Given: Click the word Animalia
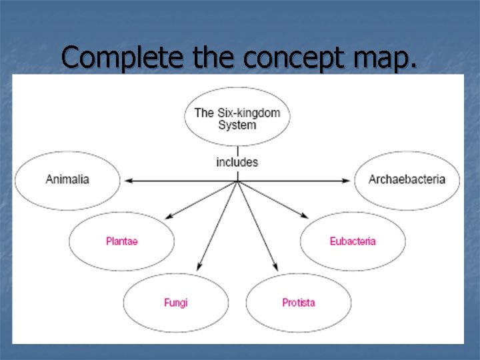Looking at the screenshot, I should tap(67, 179).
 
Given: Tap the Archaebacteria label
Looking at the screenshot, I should tap(407, 179).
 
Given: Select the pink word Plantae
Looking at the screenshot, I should tap(122, 241).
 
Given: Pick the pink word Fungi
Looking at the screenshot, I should tap(176, 303).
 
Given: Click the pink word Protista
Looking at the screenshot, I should tap(299, 303).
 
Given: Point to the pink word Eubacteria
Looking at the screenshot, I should tap(353, 241).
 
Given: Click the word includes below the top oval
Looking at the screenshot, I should tap(237, 162).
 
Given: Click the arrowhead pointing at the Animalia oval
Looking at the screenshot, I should tap(126, 180).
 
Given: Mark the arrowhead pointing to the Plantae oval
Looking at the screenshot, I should tap(169, 215).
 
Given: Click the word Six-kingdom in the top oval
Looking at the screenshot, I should tap(248, 113).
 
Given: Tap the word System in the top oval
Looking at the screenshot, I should tap(237, 125).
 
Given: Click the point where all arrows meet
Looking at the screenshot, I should tap(237, 180).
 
